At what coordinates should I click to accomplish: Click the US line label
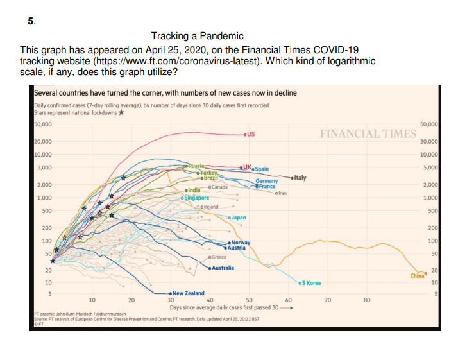pyautogui.click(x=251, y=135)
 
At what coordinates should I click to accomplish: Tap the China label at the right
pyautogui.click(x=417, y=276)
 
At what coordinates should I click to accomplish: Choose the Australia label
pyautogui.click(x=223, y=267)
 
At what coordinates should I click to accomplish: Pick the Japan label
pyautogui.click(x=238, y=218)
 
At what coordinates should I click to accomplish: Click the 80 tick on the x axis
pyautogui.click(x=366, y=300)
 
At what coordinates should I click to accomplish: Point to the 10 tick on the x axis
pyautogui.click(x=92, y=300)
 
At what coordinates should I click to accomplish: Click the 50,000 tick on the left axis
pyautogui.click(x=42, y=124)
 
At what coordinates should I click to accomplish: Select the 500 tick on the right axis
pyautogui.click(x=432, y=211)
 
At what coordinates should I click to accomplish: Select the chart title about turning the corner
pyautogui.click(x=165, y=93)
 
